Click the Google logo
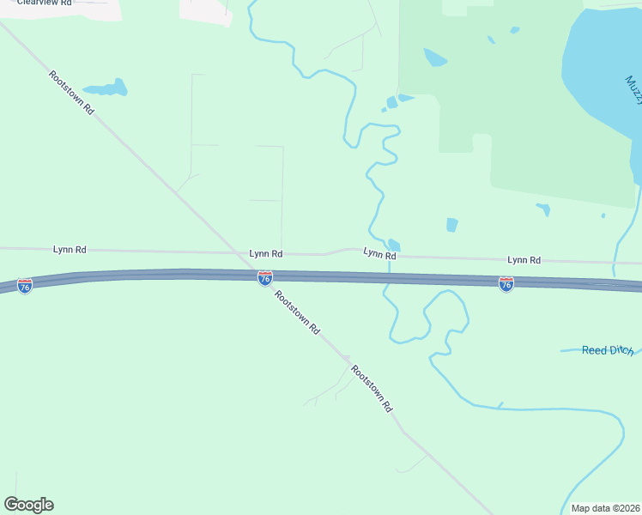click(28, 505)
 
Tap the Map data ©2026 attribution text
click(605, 508)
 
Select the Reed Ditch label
click(607, 350)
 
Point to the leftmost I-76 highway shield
click(25, 285)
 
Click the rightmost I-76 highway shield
click(506, 283)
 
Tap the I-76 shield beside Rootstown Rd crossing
click(265, 278)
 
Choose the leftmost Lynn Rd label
click(70, 250)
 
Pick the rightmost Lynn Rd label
click(524, 260)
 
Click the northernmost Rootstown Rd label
click(71, 94)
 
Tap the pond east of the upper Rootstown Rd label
click(106, 88)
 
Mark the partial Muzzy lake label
click(633, 89)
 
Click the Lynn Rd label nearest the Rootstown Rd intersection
click(266, 254)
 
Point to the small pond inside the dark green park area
click(435, 58)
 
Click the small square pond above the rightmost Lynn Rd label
click(452, 225)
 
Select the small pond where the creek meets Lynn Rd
click(393, 245)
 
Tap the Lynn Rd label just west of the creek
click(379, 255)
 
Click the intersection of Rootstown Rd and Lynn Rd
click(241, 253)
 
